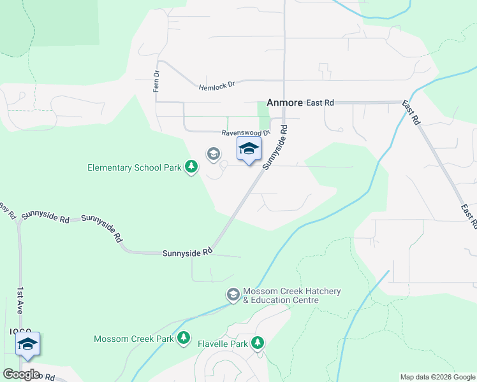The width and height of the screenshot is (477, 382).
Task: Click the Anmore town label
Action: pos(283,102)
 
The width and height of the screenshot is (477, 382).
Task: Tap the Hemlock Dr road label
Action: pos(217,85)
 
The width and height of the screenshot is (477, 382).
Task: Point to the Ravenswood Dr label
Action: pos(246,133)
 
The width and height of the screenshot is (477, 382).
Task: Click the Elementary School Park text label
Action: pos(135,167)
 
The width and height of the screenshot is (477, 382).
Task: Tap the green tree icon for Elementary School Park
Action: pos(191,167)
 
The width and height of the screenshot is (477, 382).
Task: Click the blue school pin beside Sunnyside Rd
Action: pos(249,150)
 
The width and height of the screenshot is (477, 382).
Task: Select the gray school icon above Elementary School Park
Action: pos(213,153)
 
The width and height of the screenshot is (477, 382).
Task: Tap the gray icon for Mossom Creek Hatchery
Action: pos(233,295)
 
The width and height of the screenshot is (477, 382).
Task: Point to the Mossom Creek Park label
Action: pos(133,339)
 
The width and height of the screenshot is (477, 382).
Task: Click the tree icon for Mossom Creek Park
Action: pos(184,338)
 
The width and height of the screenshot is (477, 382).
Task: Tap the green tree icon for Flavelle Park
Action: pos(258,344)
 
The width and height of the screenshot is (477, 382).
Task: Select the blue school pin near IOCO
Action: pos(28,344)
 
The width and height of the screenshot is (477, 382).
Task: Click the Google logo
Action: pos(21,374)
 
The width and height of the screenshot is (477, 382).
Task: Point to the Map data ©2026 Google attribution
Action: pos(437,377)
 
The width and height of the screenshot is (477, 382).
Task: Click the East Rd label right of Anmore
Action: pos(320,103)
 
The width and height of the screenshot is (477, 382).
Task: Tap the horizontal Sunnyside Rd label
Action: pos(187,252)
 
